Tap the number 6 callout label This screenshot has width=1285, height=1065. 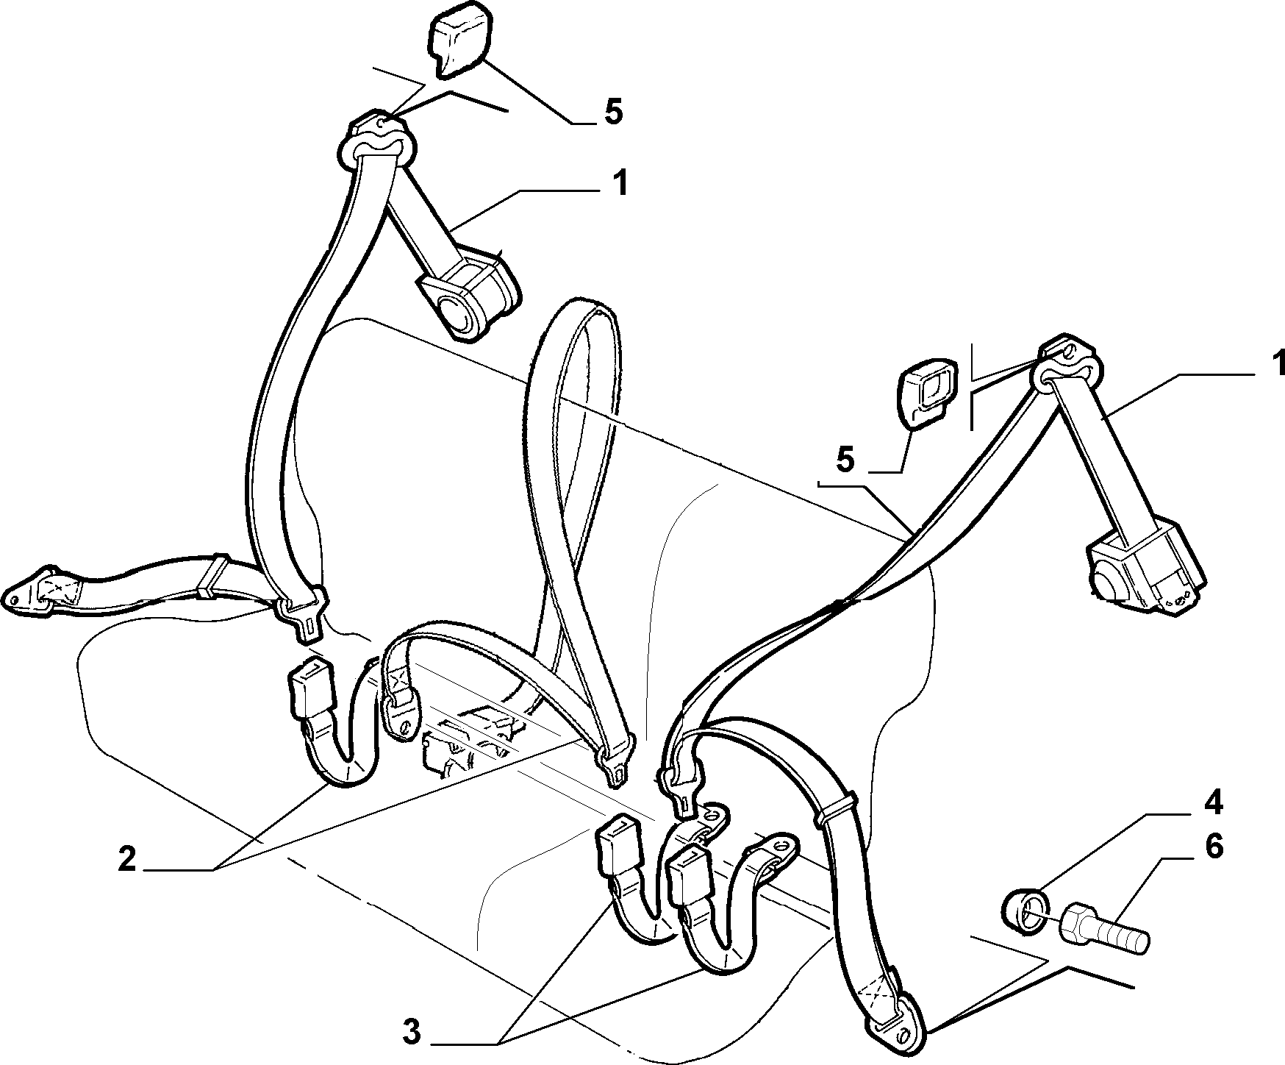point(1213,846)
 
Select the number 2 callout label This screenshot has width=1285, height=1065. point(127,860)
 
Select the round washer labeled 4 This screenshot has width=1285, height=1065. point(1023,912)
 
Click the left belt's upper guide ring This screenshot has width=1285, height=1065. point(378,142)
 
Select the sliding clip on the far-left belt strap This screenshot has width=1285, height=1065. point(208,576)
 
